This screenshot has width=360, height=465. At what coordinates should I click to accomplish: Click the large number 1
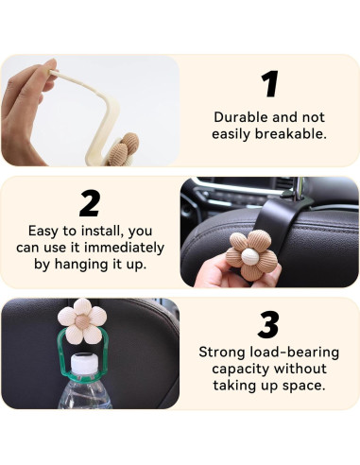click(270, 84)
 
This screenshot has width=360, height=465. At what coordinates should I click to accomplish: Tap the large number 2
click(90, 203)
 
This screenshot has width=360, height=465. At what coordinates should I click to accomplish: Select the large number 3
click(269, 325)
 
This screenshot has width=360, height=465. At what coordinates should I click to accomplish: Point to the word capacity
click(233, 370)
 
